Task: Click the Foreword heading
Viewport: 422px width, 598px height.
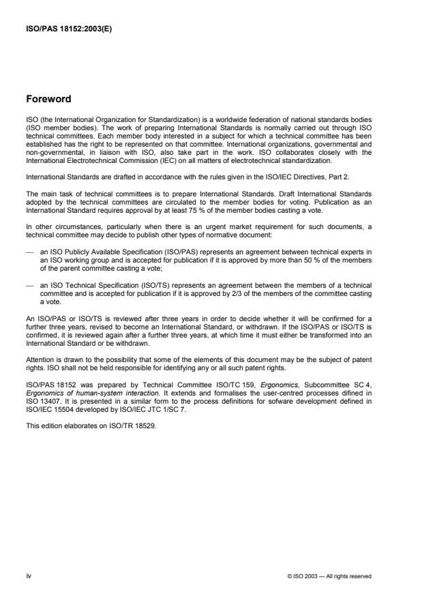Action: [48, 99]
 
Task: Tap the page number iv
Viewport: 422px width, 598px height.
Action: [28, 575]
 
